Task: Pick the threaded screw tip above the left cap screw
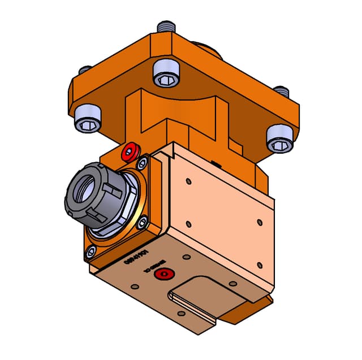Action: [85, 70]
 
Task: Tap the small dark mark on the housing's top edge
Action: [216, 163]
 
